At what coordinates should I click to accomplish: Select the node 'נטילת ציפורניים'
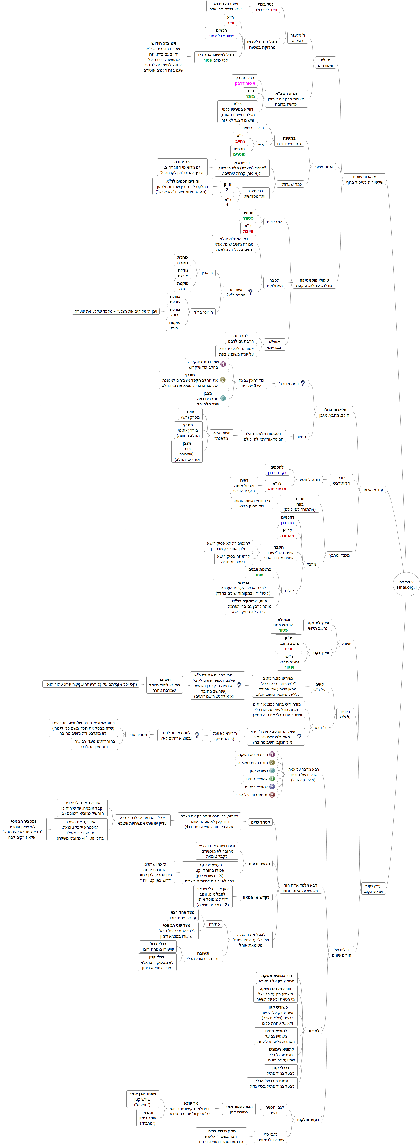click(x=325, y=63)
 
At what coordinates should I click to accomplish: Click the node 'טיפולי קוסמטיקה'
click(x=314, y=283)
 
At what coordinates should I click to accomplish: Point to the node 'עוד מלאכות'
click(x=373, y=490)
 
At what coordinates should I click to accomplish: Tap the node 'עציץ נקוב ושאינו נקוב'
click(x=373, y=888)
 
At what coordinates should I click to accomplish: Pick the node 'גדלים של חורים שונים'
click(x=342, y=952)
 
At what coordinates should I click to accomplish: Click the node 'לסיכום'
click(x=313, y=1031)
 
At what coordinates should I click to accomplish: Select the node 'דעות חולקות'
click(x=308, y=1120)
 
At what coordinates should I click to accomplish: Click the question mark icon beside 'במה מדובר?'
click(x=303, y=383)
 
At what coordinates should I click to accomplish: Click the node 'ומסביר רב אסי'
click(x=23, y=829)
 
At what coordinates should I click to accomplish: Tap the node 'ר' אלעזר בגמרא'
click(x=297, y=38)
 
